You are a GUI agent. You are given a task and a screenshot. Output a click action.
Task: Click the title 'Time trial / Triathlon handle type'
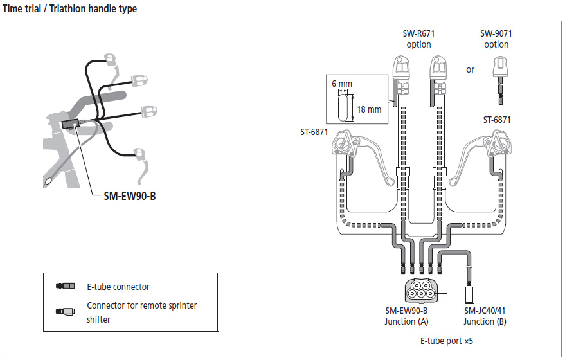(70, 9)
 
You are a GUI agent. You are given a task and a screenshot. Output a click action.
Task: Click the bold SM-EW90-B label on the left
(129, 195)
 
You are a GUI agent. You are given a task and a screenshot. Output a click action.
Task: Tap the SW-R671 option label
(418, 39)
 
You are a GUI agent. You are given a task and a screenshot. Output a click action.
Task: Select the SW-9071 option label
(496, 39)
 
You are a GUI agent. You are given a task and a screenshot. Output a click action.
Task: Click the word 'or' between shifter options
(470, 69)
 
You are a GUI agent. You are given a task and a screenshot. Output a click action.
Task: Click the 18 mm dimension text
(368, 109)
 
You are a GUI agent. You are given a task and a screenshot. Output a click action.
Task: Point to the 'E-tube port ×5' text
(447, 341)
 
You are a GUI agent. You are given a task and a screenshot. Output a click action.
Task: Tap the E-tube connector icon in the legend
(66, 286)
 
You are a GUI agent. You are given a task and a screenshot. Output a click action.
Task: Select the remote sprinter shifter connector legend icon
(66, 312)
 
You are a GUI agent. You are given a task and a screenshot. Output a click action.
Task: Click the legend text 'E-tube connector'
(118, 287)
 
